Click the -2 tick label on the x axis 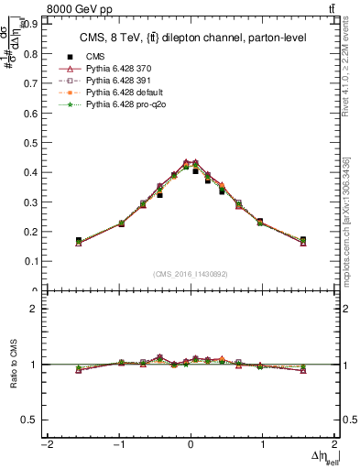coord(46,445)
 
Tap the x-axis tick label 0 coord(191,445)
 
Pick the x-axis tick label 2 coord(335,445)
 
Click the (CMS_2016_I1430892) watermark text coord(190,274)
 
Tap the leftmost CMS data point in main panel coord(79,241)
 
